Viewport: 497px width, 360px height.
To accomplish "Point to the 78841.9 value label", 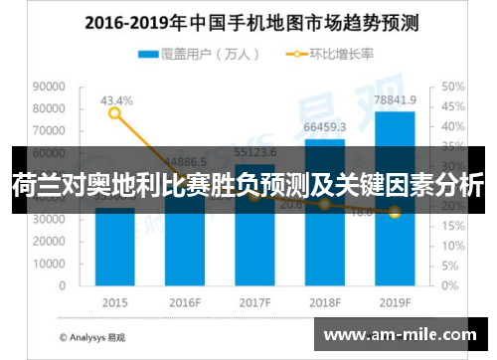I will tap(396, 100).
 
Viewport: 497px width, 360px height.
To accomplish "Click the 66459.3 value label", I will tap(325, 127).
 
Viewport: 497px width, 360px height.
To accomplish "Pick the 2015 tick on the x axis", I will tap(115, 301).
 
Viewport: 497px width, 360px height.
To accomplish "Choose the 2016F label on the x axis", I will tap(185, 301).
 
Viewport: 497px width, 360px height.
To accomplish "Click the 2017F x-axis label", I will tap(254, 301).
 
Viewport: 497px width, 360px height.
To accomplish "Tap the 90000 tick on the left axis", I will tap(50, 87).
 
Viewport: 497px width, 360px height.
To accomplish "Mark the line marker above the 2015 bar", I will tap(115, 113).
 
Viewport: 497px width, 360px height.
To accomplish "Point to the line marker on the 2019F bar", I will tap(395, 212).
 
